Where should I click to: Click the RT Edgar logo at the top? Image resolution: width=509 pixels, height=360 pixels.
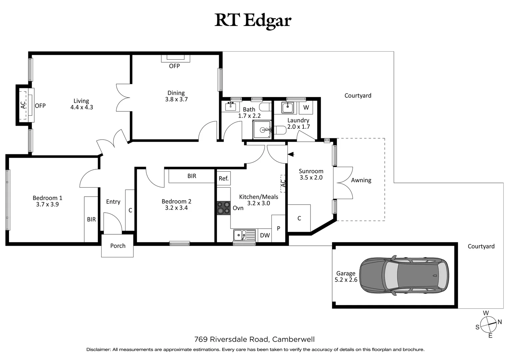click(x=253, y=20)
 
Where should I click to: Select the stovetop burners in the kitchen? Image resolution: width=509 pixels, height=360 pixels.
click(x=224, y=208)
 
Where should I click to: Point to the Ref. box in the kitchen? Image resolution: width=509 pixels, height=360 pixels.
click(x=224, y=179)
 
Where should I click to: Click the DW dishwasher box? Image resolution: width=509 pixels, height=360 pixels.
click(x=265, y=235)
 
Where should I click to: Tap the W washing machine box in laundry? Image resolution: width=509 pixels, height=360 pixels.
click(x=306, y=108)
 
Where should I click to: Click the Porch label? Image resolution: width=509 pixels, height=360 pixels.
click(x=118, y=246)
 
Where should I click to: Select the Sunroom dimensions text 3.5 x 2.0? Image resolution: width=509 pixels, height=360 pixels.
click(x=311, y=178)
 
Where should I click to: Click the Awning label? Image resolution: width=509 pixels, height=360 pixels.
click(x=361, y=180)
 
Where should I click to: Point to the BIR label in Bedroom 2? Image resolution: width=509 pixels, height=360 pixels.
click(x=192, y=176)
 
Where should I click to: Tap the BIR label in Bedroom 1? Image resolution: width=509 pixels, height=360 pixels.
click(x=91, y=219)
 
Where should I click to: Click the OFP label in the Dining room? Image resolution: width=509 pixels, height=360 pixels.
click(x=174, y=66)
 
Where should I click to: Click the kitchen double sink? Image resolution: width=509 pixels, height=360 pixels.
click(x=244, y=235)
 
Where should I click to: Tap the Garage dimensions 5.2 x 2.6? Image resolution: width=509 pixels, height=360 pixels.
click(x=346, y=280)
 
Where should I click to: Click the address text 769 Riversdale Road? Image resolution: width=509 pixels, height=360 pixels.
click(x=231, y=339)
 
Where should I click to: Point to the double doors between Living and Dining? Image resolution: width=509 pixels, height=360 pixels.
click(x=123, y=97)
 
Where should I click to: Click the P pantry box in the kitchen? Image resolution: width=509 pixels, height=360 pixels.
click(x=278, y=229)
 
